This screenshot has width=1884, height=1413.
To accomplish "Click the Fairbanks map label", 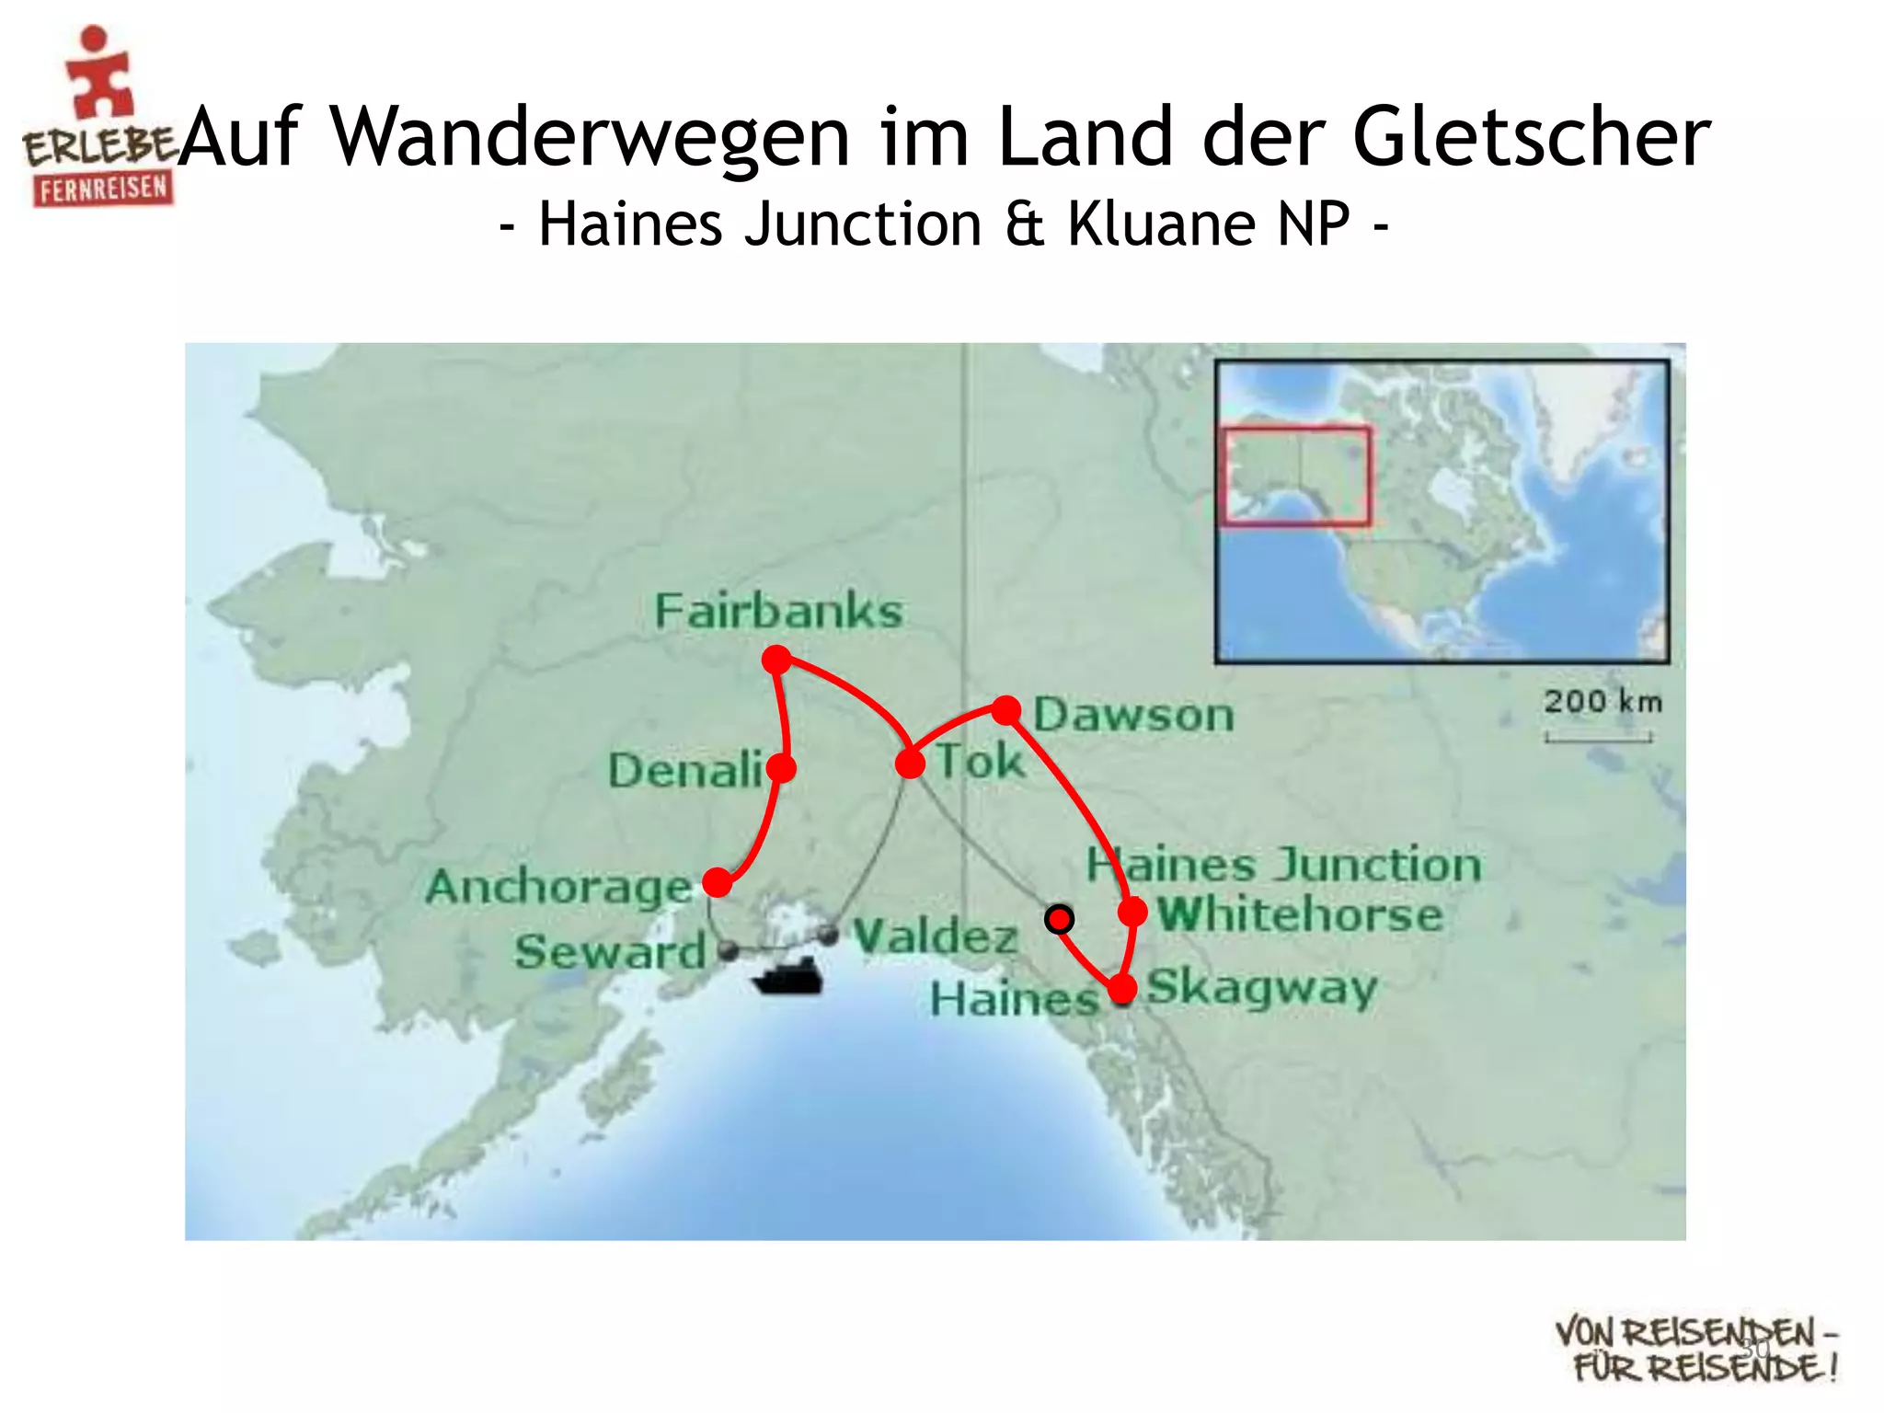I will [778, 612].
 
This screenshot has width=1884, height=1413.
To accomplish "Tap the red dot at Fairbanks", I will [777, 660].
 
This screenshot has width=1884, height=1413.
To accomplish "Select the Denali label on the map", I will [684, 770].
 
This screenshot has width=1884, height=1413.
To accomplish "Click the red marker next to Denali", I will [781, 768].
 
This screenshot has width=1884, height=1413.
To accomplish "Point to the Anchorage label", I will [558, 888].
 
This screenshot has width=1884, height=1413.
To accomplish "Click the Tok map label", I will [980, 762].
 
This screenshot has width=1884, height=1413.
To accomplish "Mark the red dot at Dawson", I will [1006, 709].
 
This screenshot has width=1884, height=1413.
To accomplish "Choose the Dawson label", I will [1133, 715].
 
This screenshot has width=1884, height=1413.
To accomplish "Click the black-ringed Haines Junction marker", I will [1060, 919].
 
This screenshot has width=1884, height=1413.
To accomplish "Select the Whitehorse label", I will [1300, 914].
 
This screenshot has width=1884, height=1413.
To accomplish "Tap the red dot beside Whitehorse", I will [1132, 913].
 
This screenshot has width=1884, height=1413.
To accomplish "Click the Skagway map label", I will [1261, 988].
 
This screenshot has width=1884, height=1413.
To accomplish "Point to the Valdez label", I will [936, 936].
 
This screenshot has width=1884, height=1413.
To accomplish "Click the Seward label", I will [610, 951].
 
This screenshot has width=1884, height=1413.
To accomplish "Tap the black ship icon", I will [787, 979].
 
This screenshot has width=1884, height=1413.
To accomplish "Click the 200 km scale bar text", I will [1603, 702].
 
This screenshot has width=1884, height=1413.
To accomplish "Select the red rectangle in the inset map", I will [1295, 476].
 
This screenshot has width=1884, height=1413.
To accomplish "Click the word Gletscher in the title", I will [1531, 136].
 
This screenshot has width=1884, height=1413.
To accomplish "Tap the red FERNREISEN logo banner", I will [103, 190].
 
